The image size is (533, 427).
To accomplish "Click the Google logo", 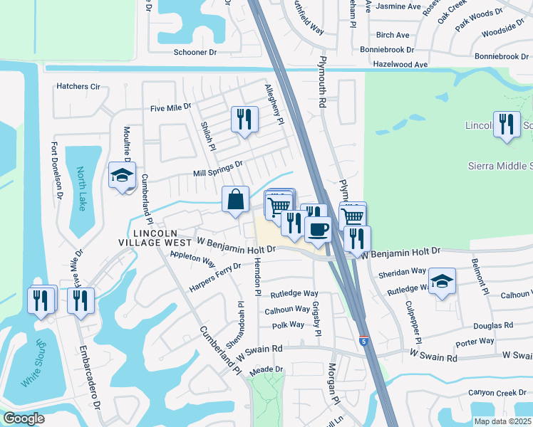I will coord(24,418).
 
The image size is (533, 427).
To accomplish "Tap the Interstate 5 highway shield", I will coord(364,342).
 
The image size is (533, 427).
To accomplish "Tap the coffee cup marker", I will coord(317,229).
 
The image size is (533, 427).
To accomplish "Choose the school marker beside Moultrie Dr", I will coord(122,176).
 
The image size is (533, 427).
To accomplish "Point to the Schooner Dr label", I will coord(195,53).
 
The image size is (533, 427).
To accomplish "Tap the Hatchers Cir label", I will coord(78,87).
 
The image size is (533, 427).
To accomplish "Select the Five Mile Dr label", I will coord(171,107).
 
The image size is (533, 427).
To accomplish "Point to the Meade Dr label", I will coord(266,369).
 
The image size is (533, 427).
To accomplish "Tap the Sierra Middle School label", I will coord(500,166).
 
